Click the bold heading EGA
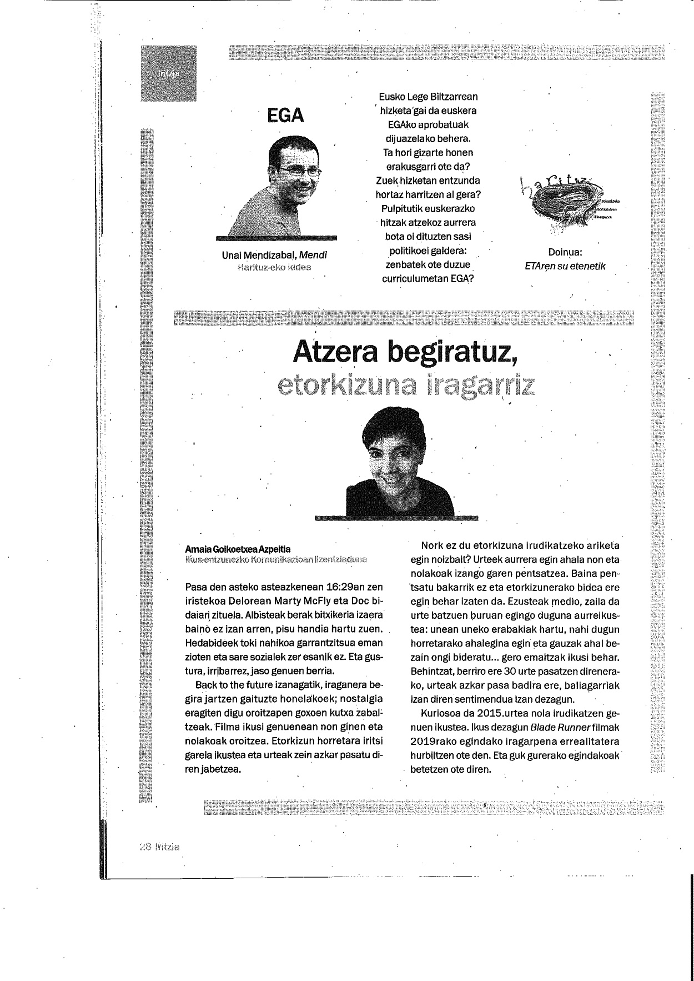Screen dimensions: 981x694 pos(285,116)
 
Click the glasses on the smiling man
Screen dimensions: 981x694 pos(300,172)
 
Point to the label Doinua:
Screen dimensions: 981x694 pos(565,253)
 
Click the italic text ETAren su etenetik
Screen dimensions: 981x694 pos(565,266)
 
